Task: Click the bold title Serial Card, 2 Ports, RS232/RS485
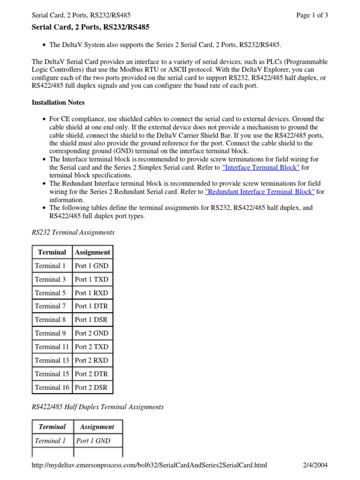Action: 90,28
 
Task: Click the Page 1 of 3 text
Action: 312,15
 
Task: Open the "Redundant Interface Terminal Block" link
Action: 260,192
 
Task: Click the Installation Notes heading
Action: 58,102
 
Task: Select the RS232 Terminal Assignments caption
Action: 73,232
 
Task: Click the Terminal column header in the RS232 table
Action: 52,252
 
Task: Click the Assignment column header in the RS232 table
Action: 92,252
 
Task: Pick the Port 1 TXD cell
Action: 91,279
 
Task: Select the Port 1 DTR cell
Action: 91,306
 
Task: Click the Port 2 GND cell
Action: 91,333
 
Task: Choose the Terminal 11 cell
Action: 52,347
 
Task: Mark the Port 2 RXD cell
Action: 91,360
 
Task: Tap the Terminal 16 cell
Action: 52,387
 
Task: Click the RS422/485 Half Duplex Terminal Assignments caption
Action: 97,407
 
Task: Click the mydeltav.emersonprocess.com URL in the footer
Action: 149,465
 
